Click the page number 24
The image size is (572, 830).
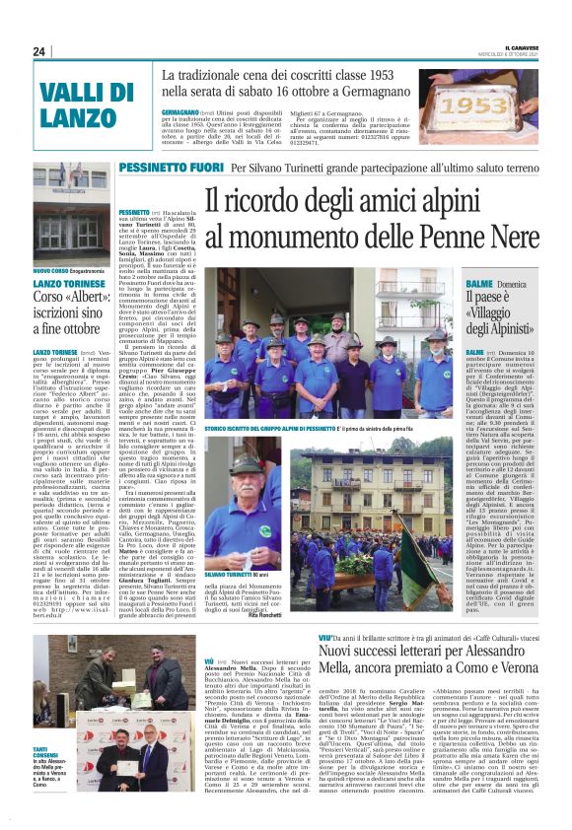click(x=39, y=52)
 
